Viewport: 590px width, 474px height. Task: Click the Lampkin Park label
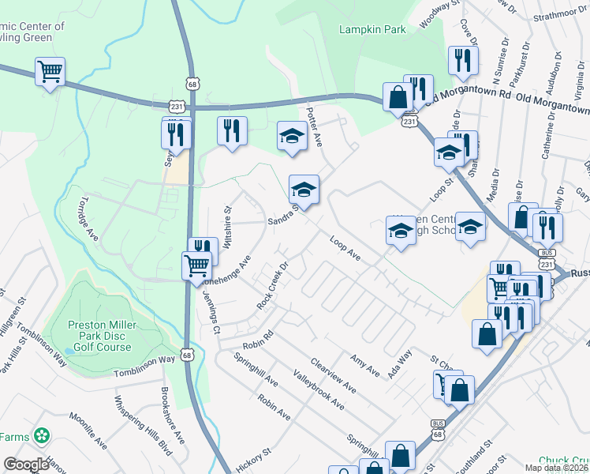(372, 29)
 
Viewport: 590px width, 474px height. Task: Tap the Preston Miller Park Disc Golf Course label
(102, 336)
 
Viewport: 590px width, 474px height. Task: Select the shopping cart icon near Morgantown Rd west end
(49, 72)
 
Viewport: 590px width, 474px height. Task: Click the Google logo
(27, 465)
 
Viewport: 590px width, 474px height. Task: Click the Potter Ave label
(315, 126)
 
